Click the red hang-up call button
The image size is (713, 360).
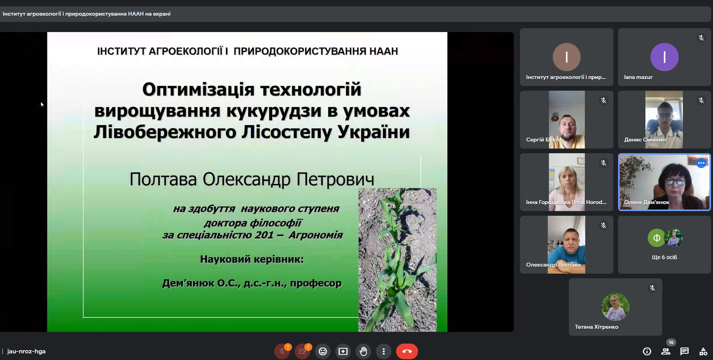point(407,351)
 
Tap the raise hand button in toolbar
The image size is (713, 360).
point(363,351)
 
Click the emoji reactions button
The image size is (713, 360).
point(323,351)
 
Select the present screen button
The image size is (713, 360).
point(343,351)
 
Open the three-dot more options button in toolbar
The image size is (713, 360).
point(384,351)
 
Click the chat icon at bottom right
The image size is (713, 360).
point(684,351)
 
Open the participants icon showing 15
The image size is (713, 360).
point(666,351)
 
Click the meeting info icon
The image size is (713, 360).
point(647,351)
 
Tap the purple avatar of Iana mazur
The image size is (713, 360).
point(664,57)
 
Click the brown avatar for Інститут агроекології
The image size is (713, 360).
point(566,57)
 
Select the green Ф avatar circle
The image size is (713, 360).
point(657,238)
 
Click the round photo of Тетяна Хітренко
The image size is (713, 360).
point(615,307)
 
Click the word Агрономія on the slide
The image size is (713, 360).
point(316,235)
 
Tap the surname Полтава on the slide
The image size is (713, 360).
point(163,179)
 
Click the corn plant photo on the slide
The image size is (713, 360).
point(397,260)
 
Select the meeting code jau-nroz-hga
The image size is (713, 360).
point(26,351)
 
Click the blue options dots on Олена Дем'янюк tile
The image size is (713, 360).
point(701,163)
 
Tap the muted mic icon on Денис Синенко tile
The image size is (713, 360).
point(701,100)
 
